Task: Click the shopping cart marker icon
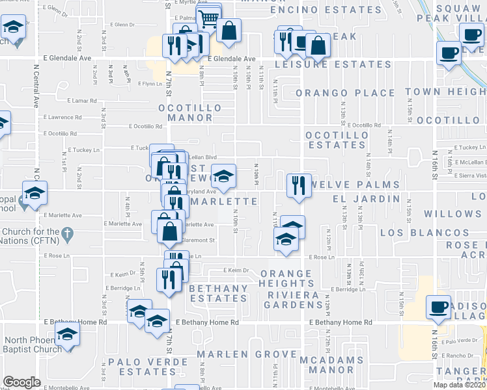(x=208, y=18)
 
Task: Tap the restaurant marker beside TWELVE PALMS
(x=299, y=185)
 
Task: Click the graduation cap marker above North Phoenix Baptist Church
(x=67, y=335)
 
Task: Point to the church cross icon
(x=66, y=233)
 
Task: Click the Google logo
(x=21, y=382)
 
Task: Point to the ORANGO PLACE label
(x=345, y=93)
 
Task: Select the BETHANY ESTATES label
(x=217, y=293)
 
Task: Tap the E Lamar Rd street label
(x=82, y=101)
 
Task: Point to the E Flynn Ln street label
(x=150, y=84)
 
